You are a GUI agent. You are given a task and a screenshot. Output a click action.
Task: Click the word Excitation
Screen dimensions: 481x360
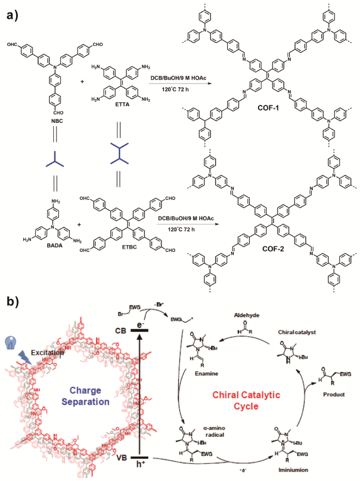pyautogui.click(x=45, y=351)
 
